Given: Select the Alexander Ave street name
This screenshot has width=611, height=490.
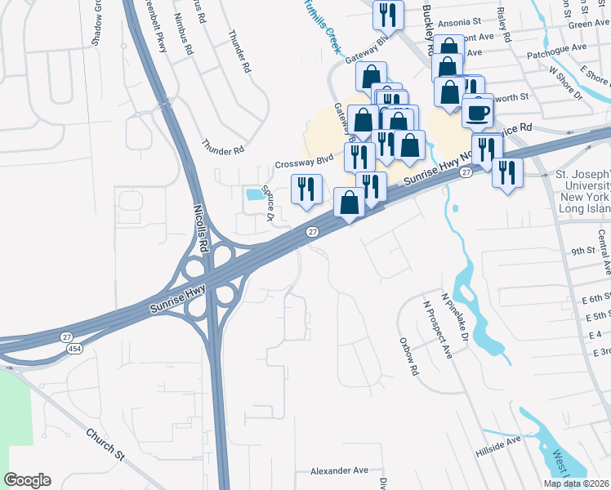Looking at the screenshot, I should [x=339, y=471].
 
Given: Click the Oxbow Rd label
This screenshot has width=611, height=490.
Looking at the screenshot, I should [x=408, y=357].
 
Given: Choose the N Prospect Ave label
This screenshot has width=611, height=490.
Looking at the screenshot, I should [x=435, y=327].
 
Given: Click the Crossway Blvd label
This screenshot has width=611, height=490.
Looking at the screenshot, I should [x=305, y=161].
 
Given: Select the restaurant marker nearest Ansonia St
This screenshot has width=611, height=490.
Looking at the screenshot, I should [x=387, y=13].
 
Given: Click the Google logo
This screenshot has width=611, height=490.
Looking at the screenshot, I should [x=27, y=480].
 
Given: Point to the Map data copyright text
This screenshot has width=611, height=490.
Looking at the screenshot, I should [x=576, y=483].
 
